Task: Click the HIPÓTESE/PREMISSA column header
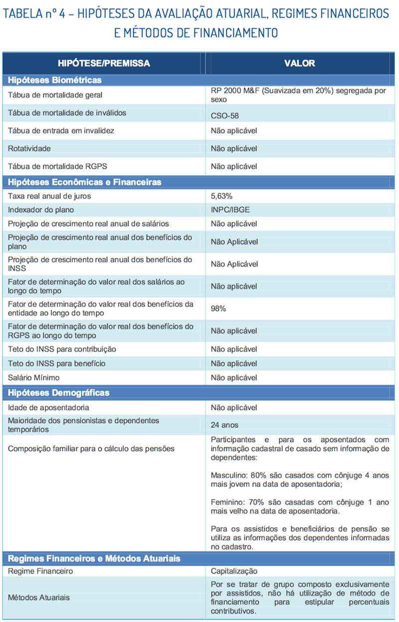coord(104,63)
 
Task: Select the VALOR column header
coord(299,63)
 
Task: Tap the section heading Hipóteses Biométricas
coord(55,80)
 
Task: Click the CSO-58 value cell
coord(225,115)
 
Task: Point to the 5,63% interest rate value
coord(222,196)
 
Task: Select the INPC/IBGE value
coord(230,210)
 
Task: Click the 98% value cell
coord(218,309)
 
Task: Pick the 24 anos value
coord(224,425)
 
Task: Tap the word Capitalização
coord(234,571)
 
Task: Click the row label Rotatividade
coord(29,148)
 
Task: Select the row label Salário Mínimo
coord(33,377)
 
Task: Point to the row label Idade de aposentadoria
coord(48,407)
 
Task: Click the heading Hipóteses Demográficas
coord(58,393)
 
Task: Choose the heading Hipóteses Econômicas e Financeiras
coord(85,182)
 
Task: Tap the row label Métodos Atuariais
coord(39,597)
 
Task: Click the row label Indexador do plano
coord(41,210)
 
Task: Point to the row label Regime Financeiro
coord(40,571)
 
